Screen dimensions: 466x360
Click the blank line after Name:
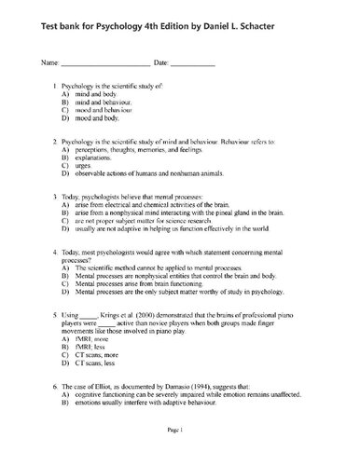105,63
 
